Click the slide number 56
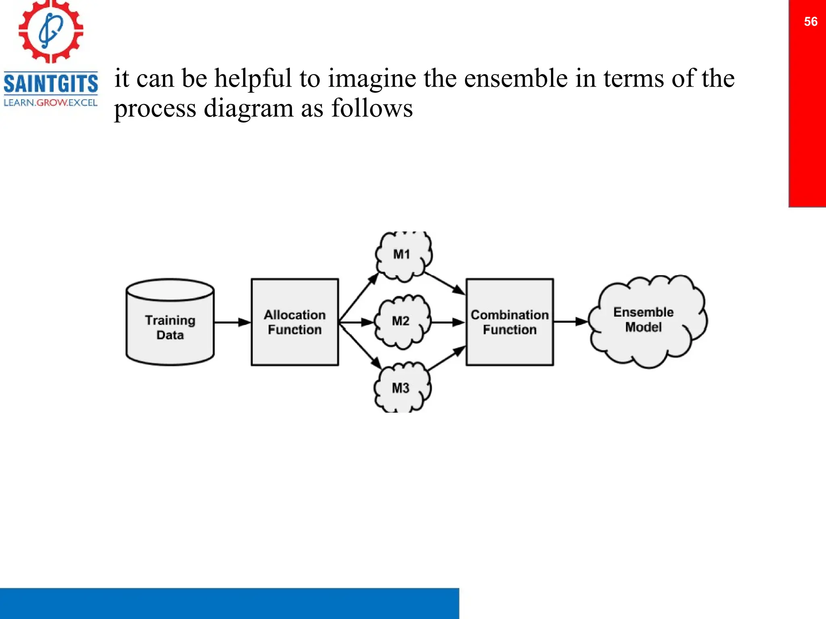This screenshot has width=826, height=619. click(810, 22)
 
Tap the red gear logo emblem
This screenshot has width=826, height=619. click(51, 31)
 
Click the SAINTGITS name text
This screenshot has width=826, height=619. click(51, 84)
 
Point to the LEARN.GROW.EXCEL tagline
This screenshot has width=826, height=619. click(51, 103)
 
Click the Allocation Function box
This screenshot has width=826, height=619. click(294, 322)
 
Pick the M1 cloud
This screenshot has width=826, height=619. click(403, 255)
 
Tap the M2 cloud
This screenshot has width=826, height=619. click(402, 321)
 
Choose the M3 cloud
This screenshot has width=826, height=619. click(402, 388)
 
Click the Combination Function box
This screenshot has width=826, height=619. click(509, 322)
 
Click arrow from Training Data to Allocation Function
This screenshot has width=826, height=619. click(232, 322)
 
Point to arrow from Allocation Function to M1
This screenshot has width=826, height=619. click(359, 298)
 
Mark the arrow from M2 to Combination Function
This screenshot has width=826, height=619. click(448, 322)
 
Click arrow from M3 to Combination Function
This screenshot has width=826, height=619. click(446, 358)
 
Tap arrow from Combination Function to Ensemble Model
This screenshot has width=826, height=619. click(570, 322)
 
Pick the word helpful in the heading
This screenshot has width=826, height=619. click(252, 78)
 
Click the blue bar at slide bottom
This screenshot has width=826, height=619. click(229, 603)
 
